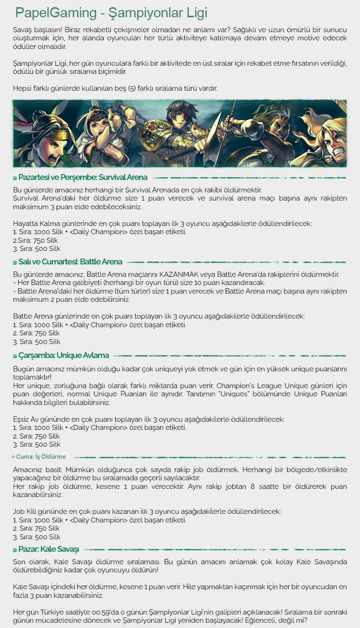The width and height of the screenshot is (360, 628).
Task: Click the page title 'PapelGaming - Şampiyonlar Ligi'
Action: point(111,12)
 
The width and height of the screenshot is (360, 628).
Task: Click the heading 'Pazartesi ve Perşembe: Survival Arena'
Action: point(81,178)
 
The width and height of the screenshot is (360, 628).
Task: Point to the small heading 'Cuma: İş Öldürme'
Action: point(39,457)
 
